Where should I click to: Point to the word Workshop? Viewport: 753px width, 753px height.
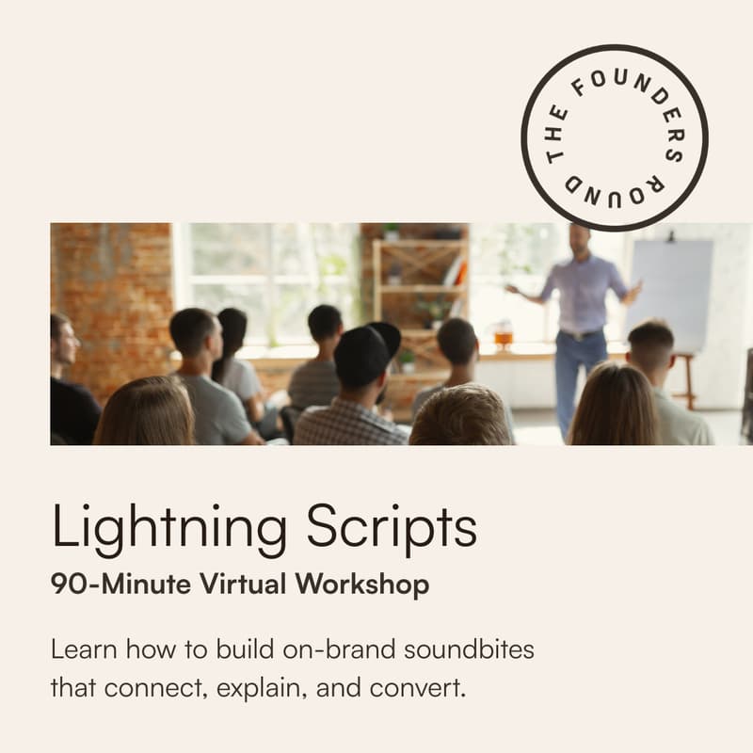point(362,584)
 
